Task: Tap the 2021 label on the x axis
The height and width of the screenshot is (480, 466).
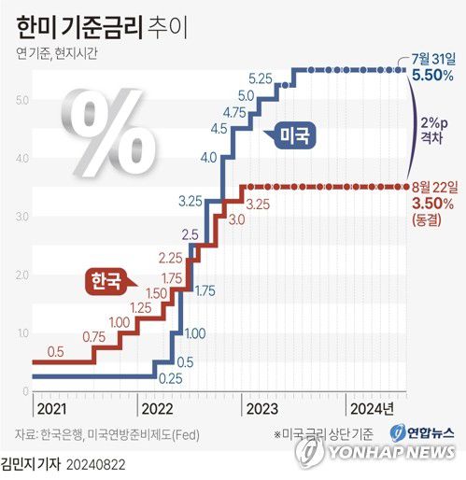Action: pyautogui.click(x=51, y=408)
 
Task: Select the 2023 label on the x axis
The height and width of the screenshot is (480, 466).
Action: pyautogui.click(x=261, y=408)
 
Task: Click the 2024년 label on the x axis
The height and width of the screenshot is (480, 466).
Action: pyautogui.click(x=372, y=408)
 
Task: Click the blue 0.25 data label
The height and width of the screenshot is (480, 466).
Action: pyautogui.click(x=170, y=378)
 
